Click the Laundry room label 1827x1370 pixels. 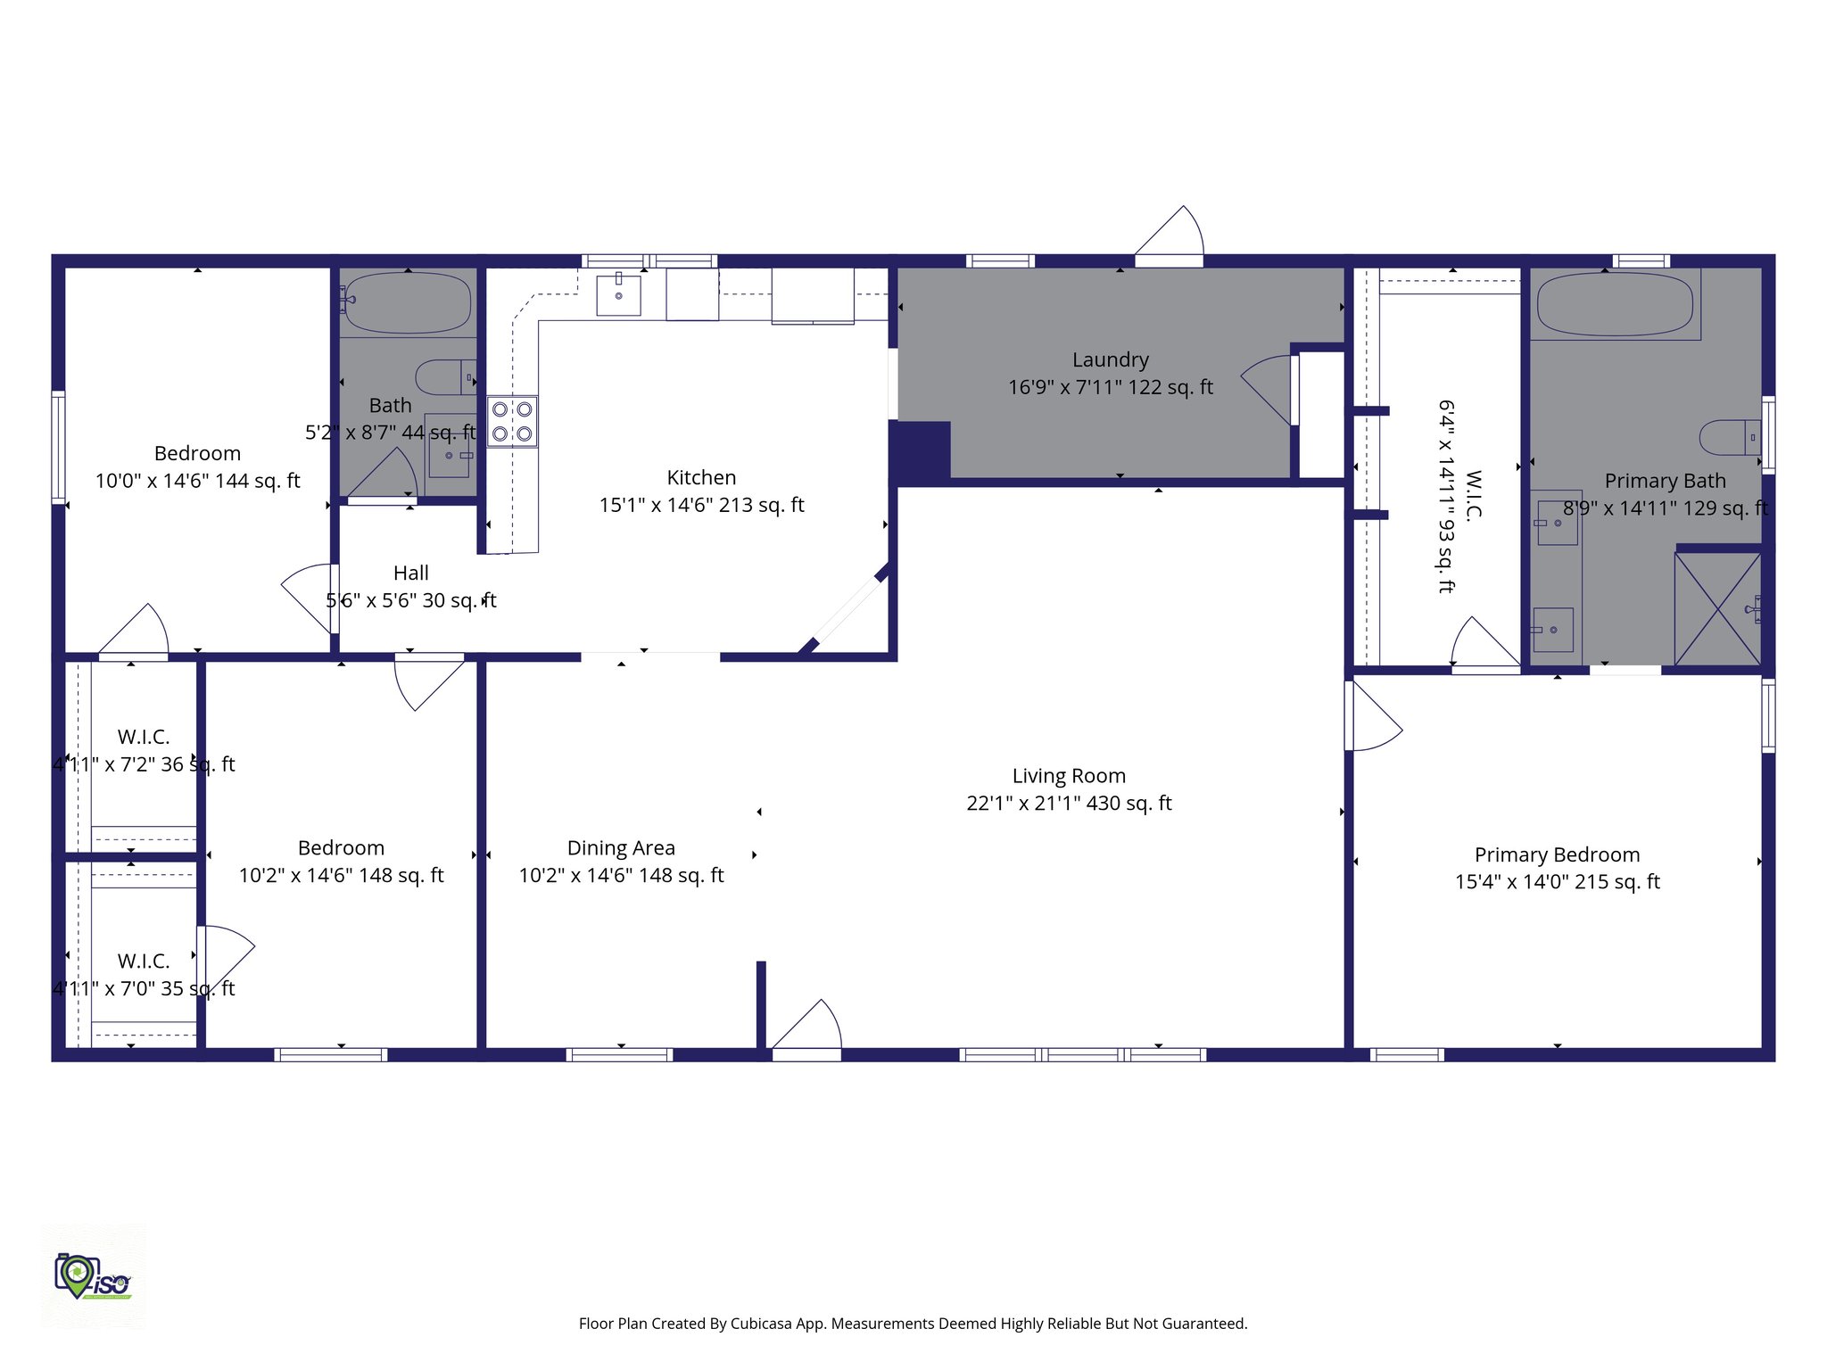click(1110, 359)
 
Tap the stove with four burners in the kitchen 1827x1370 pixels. click(512, 422)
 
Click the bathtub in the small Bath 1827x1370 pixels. click(407, 302)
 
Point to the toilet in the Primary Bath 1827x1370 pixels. click(1728, 437)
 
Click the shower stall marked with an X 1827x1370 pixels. click(1717, 609)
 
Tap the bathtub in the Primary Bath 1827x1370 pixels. click(1615, 304)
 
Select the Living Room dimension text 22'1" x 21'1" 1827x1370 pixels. click(1069, 804)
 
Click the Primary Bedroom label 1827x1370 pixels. click(1557, 854)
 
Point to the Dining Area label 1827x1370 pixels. click(621, 847)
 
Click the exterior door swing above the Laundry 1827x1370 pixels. click(1170, 234)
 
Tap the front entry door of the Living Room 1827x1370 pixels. click(806, 1027)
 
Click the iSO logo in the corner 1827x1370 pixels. click(93, 1277)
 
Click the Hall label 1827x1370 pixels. click(411, 573)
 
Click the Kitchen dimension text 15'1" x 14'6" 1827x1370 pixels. click(701, 505)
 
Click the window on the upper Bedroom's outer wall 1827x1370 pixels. click(59, 446)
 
